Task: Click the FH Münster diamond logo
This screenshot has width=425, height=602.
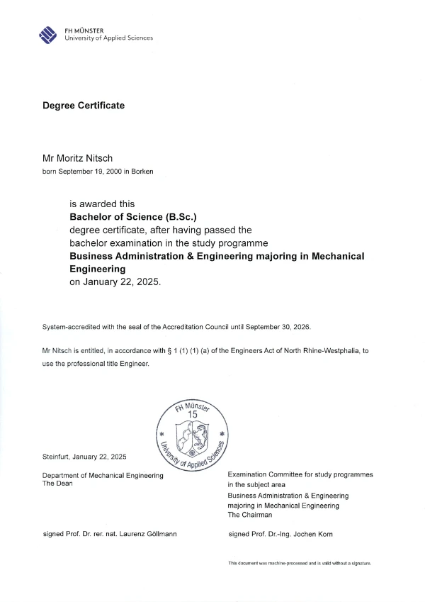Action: pyautogui.click(x=48, y=34)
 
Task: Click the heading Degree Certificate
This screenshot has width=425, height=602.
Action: pyautogui.click(x=84, y=106)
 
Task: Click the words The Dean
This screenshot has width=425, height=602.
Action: pyautogui.click(x=58, y=483)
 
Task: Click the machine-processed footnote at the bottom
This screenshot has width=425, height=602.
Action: pyautogui.click(x=299, y=563)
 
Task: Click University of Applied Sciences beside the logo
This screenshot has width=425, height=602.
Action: pyautogui.click(x=108, y=38)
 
